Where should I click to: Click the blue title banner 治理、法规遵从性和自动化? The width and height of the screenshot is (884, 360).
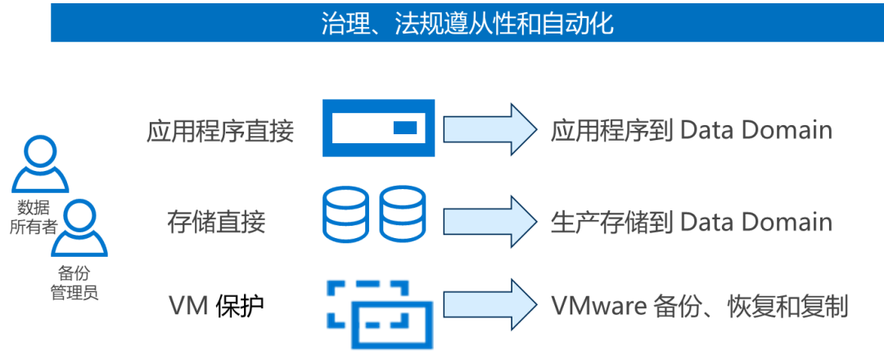(x=467, y=23)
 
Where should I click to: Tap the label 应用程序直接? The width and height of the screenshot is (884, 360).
(x=220, y=131)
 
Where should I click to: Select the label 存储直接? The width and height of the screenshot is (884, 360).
(x=216, y=222)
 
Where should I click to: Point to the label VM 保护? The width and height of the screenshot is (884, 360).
(x=216, y=307)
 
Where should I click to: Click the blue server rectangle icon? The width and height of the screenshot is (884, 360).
(x=379, y=128)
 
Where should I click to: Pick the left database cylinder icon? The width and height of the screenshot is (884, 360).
(x=345, y=214)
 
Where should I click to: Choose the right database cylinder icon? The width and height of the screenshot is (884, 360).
(x=403, y=214)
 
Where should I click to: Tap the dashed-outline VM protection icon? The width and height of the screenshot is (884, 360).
(x=379, y=313)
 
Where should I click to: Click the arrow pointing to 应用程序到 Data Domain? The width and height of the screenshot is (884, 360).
(x=490, y=129)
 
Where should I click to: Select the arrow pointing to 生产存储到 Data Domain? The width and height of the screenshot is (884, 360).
(x=490, y=222)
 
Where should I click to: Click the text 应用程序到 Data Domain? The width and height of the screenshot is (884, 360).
(x=691, y=131)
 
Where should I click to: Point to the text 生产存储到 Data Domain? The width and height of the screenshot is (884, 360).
(x=691, y=222)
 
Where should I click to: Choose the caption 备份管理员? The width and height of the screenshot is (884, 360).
(x=74, y=282)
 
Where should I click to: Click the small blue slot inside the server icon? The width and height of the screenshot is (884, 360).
(x=405, y=128)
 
